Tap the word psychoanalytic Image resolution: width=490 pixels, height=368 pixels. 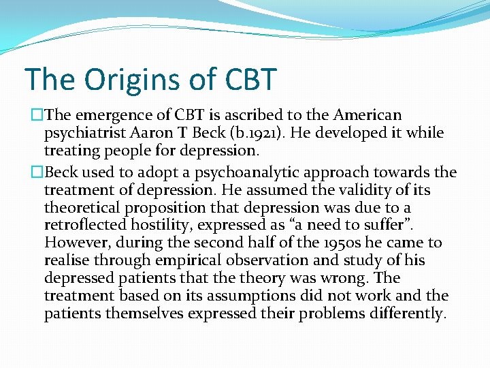point(225,172)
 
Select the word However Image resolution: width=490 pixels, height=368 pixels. point(75,243)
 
